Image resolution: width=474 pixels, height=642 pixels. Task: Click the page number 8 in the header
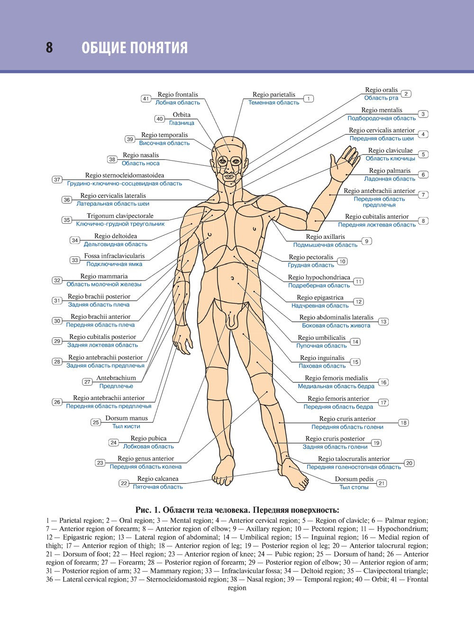point(49,47)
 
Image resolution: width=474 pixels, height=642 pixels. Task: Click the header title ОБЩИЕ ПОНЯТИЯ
point(135,48)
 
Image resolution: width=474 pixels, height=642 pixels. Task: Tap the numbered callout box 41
point(146,99)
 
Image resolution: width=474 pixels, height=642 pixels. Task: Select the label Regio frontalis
point(178,95)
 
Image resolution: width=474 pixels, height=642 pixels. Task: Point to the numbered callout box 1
point(309,99)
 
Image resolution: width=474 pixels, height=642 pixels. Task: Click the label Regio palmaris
point(390,171)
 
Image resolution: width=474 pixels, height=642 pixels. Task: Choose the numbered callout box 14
point(355,342)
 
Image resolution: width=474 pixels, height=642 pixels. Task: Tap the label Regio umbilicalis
point(321,338)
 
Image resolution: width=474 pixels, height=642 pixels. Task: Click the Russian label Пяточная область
point(157,487)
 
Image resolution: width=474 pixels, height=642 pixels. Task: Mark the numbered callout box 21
point(382,483)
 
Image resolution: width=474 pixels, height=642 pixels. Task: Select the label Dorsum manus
point(127,418)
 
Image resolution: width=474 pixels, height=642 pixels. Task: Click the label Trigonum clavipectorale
point(120,216)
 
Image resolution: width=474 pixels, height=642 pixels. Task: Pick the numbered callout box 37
point(57,180)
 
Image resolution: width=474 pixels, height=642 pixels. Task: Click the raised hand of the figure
point(345,163)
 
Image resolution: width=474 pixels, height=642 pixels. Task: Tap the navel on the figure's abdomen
point(233,278)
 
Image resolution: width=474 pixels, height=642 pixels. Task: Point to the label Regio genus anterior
point(146,459)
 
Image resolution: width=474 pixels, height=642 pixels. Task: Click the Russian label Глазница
point(182,123)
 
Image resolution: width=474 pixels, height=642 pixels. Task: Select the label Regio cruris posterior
point(335,439)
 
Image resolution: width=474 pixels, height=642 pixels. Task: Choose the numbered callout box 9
point(366,241)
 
